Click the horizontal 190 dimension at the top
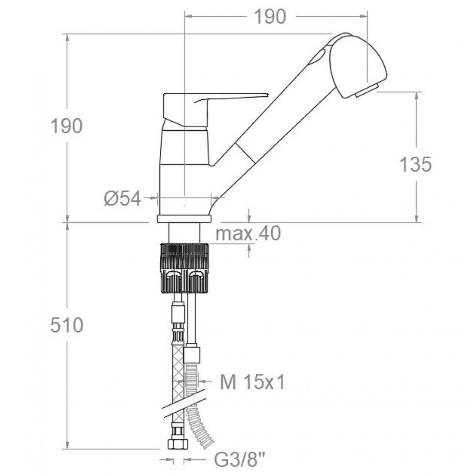click(x=270, y=17)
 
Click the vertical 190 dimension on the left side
click(x=67, y=126)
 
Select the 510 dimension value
click(x=67, y=326)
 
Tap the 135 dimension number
click(x=415, y=164)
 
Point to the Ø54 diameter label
click(x=123, y=199)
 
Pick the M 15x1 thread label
click(x=253, y=383)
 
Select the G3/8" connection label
click(x=239, y=461)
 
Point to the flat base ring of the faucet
click(x=184, y=219)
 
